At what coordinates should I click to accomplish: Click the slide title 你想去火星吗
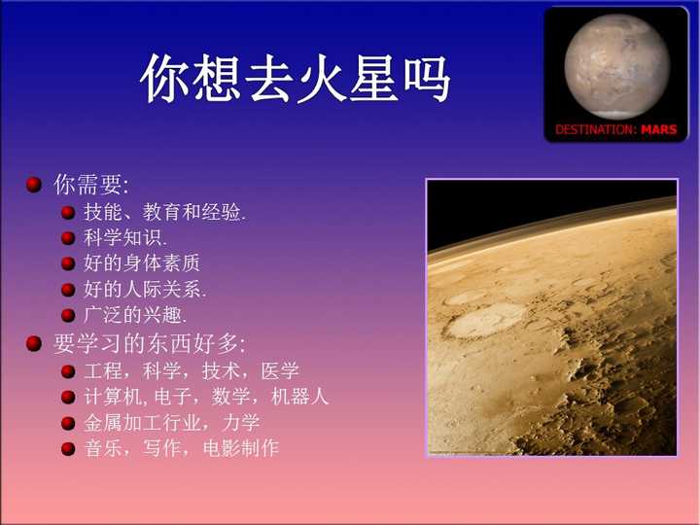tap(296, 80)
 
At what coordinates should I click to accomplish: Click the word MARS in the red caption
tap(659, 129)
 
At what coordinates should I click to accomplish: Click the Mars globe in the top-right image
tap(616, 65)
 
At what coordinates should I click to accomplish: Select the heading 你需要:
tap(90, 185)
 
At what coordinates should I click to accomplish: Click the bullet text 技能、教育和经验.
tap(164, 212)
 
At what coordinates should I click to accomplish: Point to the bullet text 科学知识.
tap(125, 237)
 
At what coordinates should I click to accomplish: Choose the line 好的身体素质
tap(142, 263)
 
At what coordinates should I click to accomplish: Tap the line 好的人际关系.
tap(145, 289)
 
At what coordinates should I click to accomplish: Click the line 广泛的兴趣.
tap(135, 315)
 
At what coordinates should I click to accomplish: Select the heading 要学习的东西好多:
tap(149, 343)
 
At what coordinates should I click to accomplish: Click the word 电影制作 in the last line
tap(241, 449)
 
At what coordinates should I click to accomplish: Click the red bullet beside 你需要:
tap(34, 185)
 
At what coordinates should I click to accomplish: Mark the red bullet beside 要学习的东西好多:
tap(34, 343)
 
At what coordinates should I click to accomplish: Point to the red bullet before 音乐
tap(68, 449)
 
